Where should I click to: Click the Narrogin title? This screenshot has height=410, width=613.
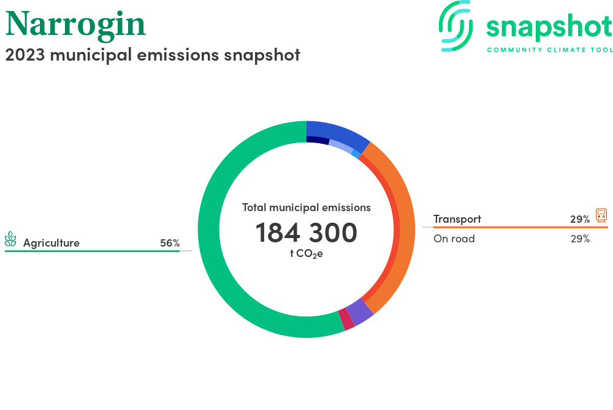75,24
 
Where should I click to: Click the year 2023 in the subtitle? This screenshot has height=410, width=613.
25,55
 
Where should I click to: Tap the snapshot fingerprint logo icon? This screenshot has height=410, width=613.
455,26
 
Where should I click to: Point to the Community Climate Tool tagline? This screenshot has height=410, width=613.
550,50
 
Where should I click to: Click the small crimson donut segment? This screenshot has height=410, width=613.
346,319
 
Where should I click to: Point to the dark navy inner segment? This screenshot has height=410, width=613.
318,140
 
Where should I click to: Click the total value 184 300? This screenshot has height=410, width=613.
306,233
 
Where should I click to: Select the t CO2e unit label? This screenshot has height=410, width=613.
306,254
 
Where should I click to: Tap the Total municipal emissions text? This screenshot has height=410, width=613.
306,207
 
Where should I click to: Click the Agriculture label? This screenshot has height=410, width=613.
51,243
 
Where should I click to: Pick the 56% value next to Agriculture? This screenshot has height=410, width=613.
170,243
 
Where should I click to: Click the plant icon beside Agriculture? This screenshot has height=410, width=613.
10,239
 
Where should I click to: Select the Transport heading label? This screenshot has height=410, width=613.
457,219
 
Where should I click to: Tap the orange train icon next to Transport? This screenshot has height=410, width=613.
601,215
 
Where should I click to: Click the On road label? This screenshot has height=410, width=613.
454,239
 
